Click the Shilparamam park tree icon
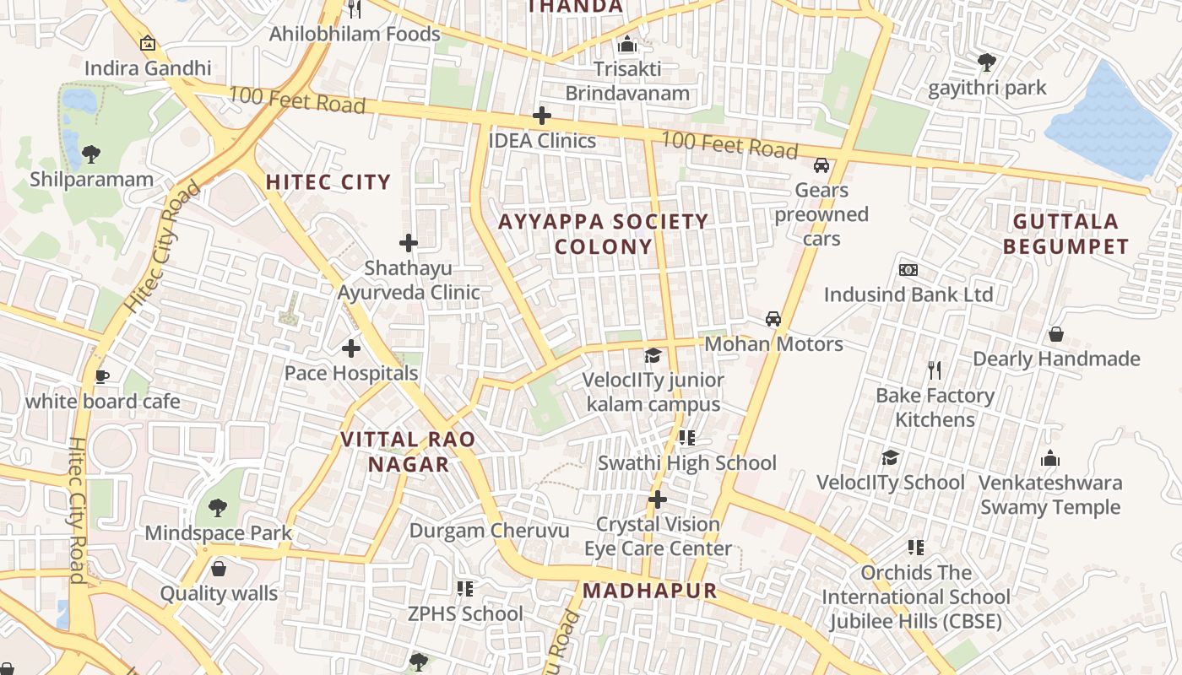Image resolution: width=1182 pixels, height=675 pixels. [x=91, y=154]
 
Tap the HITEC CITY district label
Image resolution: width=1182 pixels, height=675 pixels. [x=328, y=182]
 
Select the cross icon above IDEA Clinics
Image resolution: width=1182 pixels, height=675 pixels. [x=542, y=116]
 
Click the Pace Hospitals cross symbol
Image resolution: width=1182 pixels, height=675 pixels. [x=351, y=348]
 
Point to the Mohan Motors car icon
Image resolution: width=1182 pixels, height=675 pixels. [x=773, y=319]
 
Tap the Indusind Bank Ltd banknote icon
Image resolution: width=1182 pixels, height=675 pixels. [x=908, y=270]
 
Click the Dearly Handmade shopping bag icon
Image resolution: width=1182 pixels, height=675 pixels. [x=1055, y=335]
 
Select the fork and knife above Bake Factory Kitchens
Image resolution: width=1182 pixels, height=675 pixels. [x=934, y=370]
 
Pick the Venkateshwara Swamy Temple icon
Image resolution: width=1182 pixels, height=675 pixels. [x=1050, y=458]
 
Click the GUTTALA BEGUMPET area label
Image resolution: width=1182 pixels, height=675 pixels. [x=1071, y=235]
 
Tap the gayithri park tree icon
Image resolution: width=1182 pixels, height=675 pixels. [x=986, y=62]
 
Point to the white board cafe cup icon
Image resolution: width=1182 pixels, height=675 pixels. [x=102, y=376]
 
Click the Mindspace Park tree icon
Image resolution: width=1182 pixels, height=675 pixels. [x=218, y=507]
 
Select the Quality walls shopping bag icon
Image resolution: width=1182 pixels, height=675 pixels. [x=219, y=569]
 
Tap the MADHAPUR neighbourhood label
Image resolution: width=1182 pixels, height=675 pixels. [x=649, y=591]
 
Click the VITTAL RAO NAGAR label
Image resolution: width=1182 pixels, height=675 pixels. [x=409, y=452]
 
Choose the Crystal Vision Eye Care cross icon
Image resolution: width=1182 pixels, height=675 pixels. [x=658, y=499]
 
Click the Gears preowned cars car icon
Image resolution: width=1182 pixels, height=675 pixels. [x=821, y=165]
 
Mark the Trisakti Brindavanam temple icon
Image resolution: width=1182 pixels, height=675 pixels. [x=627, y=44]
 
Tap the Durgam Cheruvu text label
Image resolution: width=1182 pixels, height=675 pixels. [x=489, y=531]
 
